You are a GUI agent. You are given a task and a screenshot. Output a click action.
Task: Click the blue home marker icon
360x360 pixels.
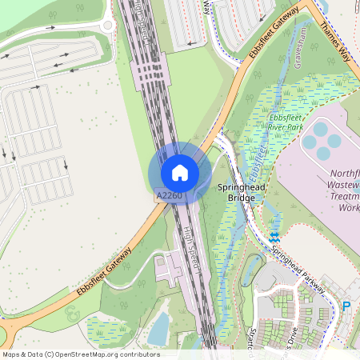click(x=180, y=172)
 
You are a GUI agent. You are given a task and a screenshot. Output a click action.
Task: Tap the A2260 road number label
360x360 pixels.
click(x=170, y=195)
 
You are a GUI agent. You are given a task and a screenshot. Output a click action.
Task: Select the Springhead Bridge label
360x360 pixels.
click(x=241, y=191)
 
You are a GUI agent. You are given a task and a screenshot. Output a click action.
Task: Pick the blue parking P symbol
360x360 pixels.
click(x=346, y=306)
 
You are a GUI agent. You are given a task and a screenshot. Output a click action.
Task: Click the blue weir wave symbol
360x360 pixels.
click(x=274, y=237)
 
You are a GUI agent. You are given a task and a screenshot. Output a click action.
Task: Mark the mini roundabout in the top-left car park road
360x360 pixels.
click(x=107, y=26)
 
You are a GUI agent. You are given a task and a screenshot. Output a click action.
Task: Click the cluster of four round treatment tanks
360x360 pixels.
click(x=323, y=139)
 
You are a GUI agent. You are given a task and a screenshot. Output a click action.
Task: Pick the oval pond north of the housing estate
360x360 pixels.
click(x=283, y=277)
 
